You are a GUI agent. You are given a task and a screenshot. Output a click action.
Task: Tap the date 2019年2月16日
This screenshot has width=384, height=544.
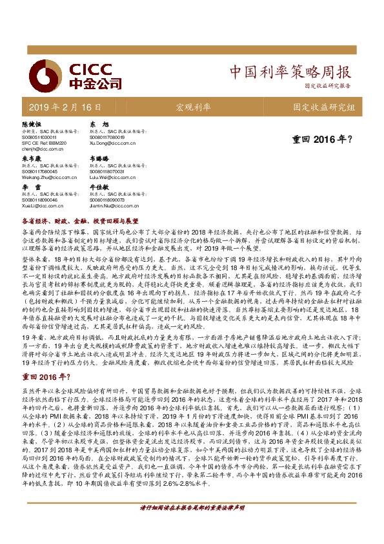65,107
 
